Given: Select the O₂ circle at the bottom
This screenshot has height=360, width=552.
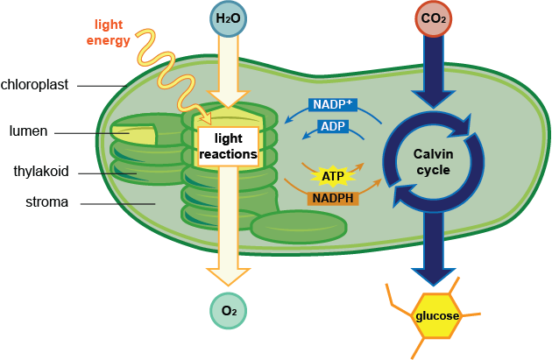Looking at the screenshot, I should [x=228, y=310].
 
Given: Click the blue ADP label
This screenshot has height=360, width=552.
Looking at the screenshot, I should [x=332, y=127].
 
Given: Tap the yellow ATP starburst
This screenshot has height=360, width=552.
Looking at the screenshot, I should [x=332, y=176].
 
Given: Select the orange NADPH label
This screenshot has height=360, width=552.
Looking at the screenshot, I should [x=332, y=198].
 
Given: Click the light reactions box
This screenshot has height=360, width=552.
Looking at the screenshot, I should [x=228, y=147].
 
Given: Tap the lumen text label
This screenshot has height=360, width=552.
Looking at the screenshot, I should [x=28, y=132].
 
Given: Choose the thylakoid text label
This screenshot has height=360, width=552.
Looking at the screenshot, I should [x=40, y=171].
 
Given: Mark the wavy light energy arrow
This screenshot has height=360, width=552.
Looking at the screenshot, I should [x=166, y=66].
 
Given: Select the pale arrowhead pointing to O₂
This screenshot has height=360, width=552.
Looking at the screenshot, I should [x=228, y=273].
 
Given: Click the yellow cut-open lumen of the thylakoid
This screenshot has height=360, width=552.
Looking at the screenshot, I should [x=131, y=136].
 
